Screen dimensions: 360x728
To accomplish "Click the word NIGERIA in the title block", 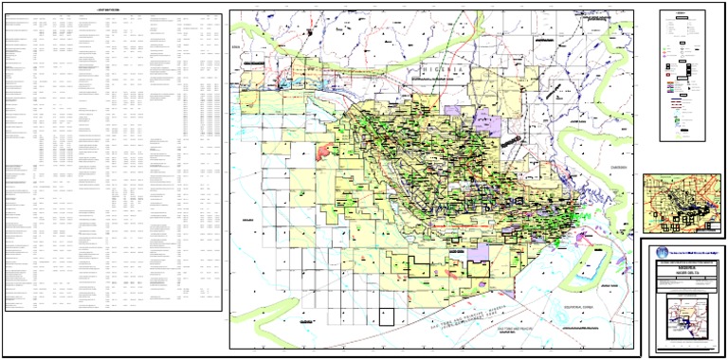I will click(x=682, y=268).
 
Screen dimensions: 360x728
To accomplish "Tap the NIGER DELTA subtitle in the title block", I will click(x=682, y=275).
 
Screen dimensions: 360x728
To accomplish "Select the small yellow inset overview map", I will click(x=682, y=203).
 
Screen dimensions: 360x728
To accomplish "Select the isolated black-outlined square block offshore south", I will click(x=386, y=316).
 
